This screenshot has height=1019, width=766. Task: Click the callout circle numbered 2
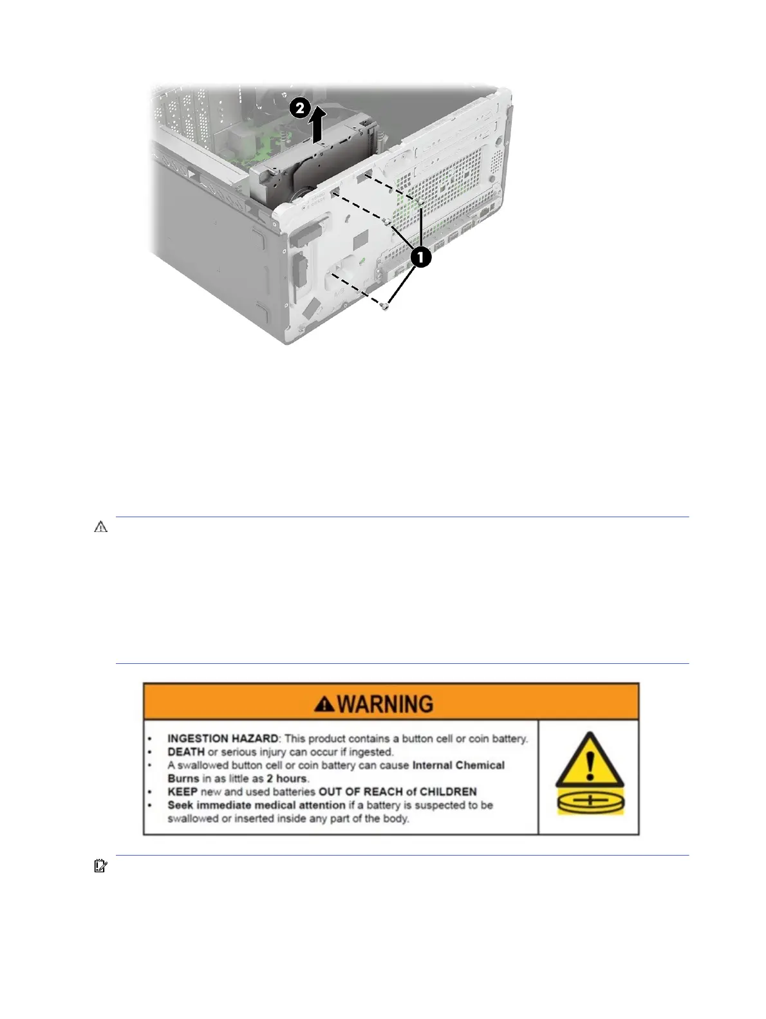300,107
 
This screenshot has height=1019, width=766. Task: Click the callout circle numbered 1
420,257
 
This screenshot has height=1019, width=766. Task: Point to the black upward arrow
317,126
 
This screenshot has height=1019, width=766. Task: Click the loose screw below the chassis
384,307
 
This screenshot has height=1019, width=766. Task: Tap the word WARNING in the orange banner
385,704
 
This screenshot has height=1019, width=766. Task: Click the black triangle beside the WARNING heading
324,704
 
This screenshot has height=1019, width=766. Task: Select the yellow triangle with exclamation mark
590,760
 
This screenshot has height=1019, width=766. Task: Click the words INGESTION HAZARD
223,739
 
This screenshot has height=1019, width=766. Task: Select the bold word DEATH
186,751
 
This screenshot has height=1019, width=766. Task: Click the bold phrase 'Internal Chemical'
458,765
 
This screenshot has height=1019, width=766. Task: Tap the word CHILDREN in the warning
449,791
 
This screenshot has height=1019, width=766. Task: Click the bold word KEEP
183,791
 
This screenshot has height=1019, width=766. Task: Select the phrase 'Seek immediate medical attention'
256,805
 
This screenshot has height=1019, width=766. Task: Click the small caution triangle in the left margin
101,527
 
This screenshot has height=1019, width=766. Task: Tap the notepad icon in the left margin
100,866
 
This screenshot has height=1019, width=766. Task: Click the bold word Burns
183,778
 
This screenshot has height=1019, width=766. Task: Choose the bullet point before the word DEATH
150,752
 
